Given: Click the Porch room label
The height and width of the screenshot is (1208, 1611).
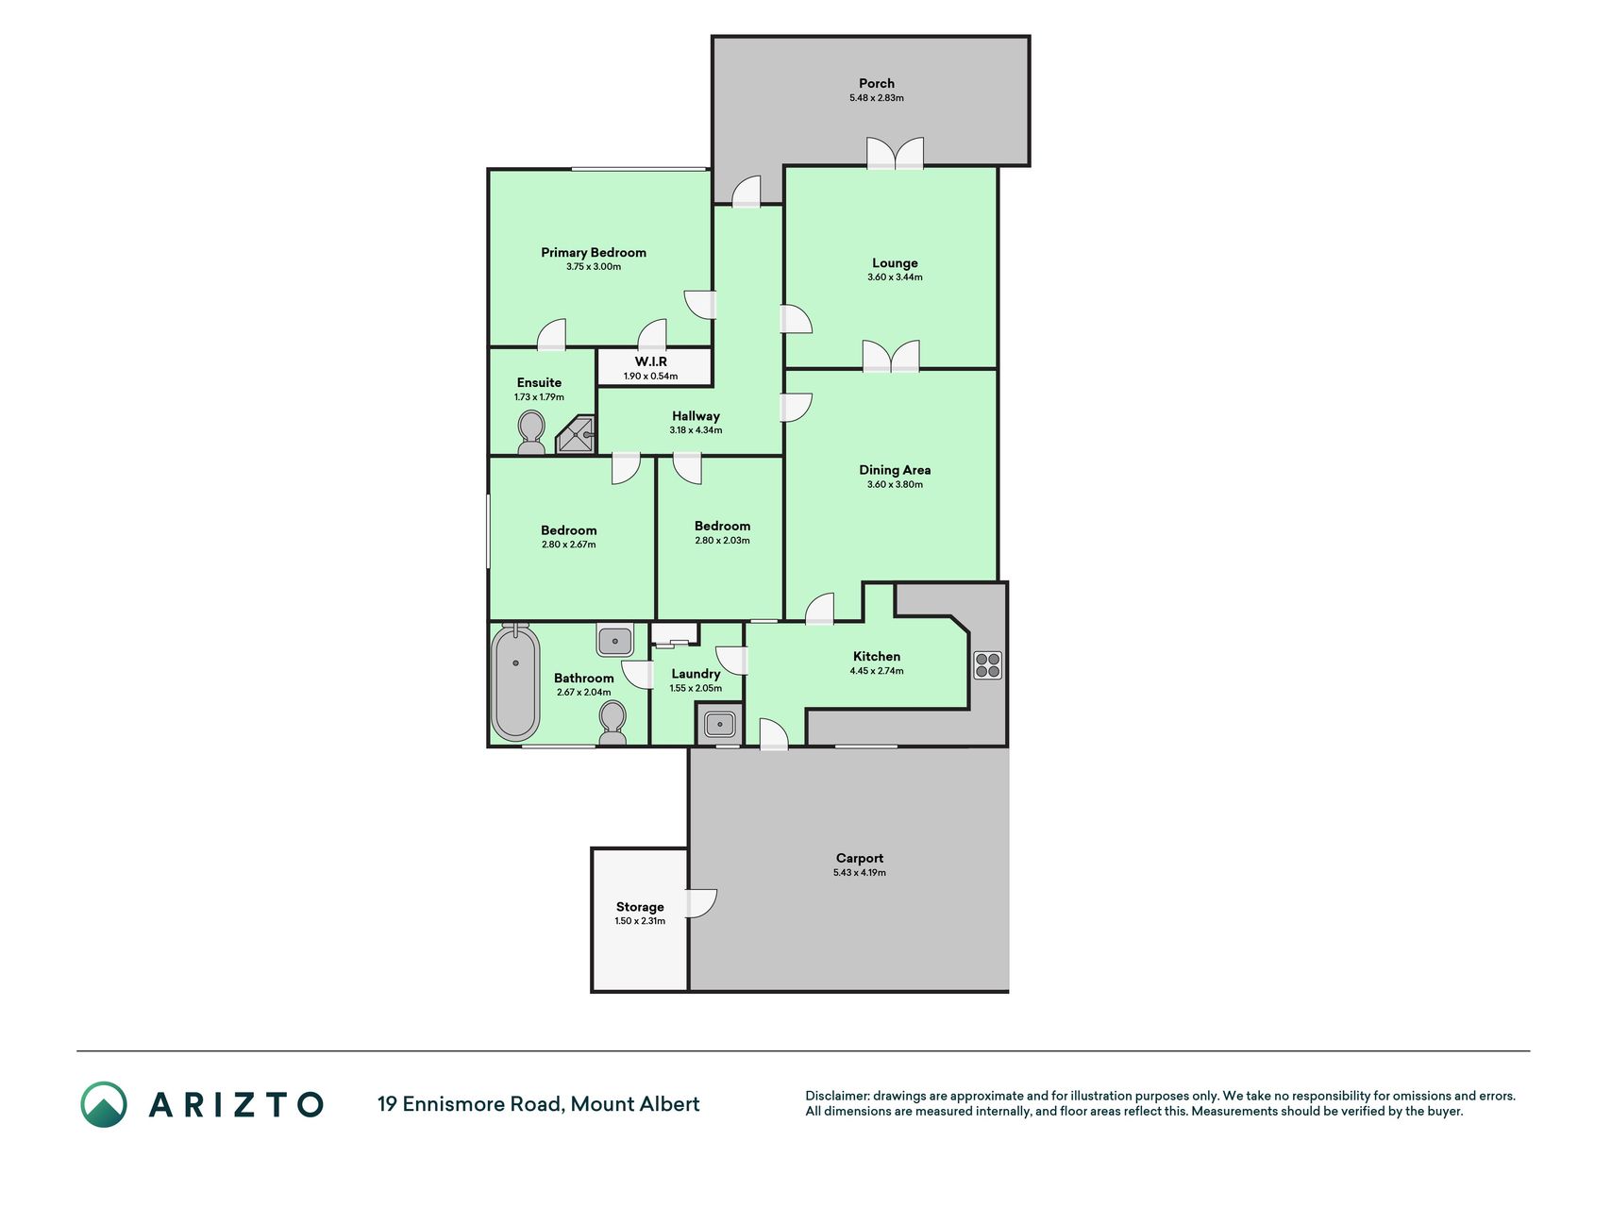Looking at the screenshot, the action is [x=877, y=83].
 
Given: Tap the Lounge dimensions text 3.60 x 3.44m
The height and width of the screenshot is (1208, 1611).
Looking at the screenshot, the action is [x=895, y=277].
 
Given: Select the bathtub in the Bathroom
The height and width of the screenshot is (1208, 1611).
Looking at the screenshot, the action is [x=515, y=681].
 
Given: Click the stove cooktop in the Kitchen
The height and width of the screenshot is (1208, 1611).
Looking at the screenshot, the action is [x=988, y=665].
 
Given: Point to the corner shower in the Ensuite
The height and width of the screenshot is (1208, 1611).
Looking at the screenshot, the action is [x=577, y=435].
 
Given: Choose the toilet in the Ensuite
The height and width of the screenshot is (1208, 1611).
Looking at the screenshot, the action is [x=531, y=433].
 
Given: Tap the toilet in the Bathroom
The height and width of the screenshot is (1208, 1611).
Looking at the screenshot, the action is [x=613, y=723].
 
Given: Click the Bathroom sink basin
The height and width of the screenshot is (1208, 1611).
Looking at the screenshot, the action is [x=615, y=641].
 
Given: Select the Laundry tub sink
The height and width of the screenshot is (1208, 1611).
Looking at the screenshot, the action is [x=719, y=725].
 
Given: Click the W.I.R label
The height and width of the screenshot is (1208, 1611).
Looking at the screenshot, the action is [x=651, y=361].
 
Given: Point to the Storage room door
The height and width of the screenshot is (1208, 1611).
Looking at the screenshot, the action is [x=702, y=903].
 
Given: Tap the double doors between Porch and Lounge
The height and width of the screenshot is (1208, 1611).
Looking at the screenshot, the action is [x=895, y=154].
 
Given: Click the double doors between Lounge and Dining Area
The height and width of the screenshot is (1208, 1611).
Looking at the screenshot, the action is [x=891, y=356].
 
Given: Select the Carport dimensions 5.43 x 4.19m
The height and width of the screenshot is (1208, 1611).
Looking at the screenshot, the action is [x=860, y=873].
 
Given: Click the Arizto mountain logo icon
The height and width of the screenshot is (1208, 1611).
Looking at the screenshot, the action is [x=104, y=1104].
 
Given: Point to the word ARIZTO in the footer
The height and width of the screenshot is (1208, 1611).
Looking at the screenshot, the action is [x=236, y=1104].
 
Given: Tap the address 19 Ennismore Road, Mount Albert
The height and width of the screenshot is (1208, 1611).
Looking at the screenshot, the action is [x=539, y=1103].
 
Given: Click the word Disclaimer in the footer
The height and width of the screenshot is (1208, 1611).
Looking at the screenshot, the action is [x=836, y=1096].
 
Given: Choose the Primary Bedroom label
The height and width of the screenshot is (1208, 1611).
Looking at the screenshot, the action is [x=594, y=252].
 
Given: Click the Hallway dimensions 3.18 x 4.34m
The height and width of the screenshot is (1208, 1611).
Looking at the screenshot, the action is [x=696, y=430].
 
